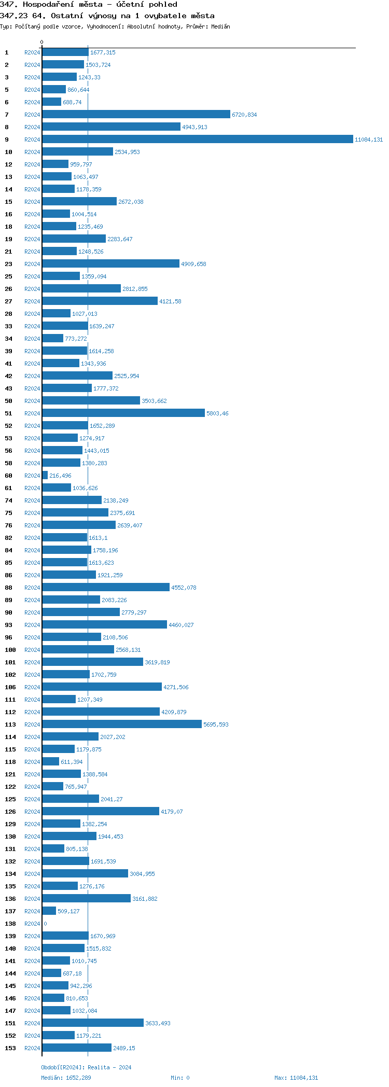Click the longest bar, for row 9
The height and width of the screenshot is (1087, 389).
pyautogui.click(x=197, y=140)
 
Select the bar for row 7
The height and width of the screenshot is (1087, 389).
pyautogui.click(x=136, y=115)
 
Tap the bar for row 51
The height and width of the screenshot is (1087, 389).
pyautogui.click(x=123, y=413)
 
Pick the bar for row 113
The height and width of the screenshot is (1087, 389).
pyautogui.click(x=122, y=724)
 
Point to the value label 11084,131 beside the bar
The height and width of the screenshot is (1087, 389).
pyautogui.click(x=369, y=140)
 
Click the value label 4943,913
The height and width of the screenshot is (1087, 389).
pyautogui.click(x=195, y=127)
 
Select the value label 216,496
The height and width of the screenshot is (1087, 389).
pyautogui.click(x=60, y=476)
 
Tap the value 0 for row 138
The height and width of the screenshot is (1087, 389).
pyautogui.click(x=45, y=924)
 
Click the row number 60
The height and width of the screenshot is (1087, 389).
pyautogui.click(x=8, y=476)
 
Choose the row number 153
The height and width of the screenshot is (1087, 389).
pyautogui.click(x=10, y=1048)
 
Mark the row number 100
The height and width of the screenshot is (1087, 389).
pyautogui.click(x=10, y=650)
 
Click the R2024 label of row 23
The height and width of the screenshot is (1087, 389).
pyautogui.click(x=32, y=264)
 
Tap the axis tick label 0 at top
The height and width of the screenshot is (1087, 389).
pyautogui.click(x=42, y=42)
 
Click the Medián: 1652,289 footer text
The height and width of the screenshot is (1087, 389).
pyautogui.click(x=66, y=1078)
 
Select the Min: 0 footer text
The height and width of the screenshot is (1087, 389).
pyautogui.click(x=180, y=1078)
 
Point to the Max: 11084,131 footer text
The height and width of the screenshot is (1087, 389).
pyautogui.click(x=296, y=1078)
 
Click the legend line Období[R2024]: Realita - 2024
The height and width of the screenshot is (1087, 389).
pyautogui.click(x=86, y=1067)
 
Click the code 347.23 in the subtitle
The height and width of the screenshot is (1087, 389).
pyautogui.click(x=13, y=16)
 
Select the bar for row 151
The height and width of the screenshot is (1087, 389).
pyautogui.click(x=93, y=1023)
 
